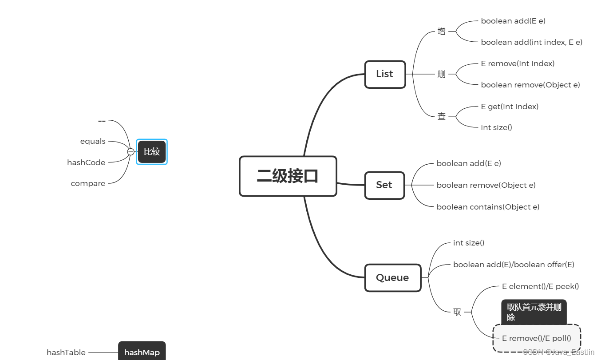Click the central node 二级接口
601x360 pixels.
coord(288,176)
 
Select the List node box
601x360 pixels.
coord(385,74)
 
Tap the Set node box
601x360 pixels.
coord(384,185)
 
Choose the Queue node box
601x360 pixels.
coord(392,278)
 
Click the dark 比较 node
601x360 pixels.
coord(152,152)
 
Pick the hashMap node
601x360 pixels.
coord(142,352)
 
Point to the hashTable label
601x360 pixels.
coord(66,352)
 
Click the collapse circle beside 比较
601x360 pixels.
coord(130,152)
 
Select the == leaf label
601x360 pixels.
coord(102,120)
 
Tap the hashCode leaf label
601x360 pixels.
coord(86,162)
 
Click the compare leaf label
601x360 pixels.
coord(88,183)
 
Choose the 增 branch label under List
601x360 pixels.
coord(441,32)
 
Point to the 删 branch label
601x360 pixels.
coord(441,74)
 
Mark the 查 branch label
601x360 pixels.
coord(441,117)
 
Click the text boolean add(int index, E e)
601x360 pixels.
coord(531,42)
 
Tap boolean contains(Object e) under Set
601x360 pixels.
coord(488,207)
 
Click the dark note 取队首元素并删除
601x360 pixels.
coord(534,312)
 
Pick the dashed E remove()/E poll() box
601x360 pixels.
coord(537,338)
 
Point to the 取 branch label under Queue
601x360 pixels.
coord(457,312)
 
